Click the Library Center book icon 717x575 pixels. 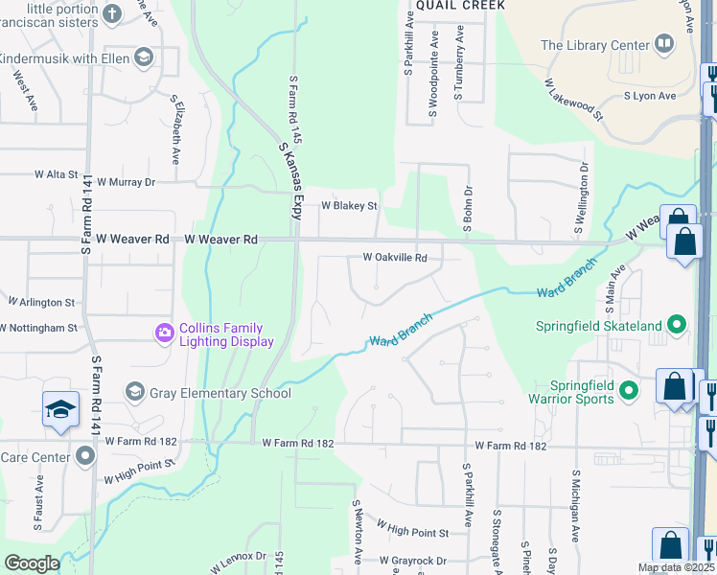pos(663,44)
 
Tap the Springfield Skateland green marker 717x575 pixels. pos(677,326)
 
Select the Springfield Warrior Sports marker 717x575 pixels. pos(629,390)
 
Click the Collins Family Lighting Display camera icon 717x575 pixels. pos(164,333)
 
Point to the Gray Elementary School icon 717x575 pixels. pos(134,392)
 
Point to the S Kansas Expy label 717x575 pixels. pos(289,181)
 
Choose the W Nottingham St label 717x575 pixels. pos(38,327)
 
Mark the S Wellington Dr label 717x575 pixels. pos(581,198)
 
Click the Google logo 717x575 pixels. pos(32,563)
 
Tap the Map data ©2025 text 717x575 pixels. pos(675,567)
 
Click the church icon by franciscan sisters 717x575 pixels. pos(112,14)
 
